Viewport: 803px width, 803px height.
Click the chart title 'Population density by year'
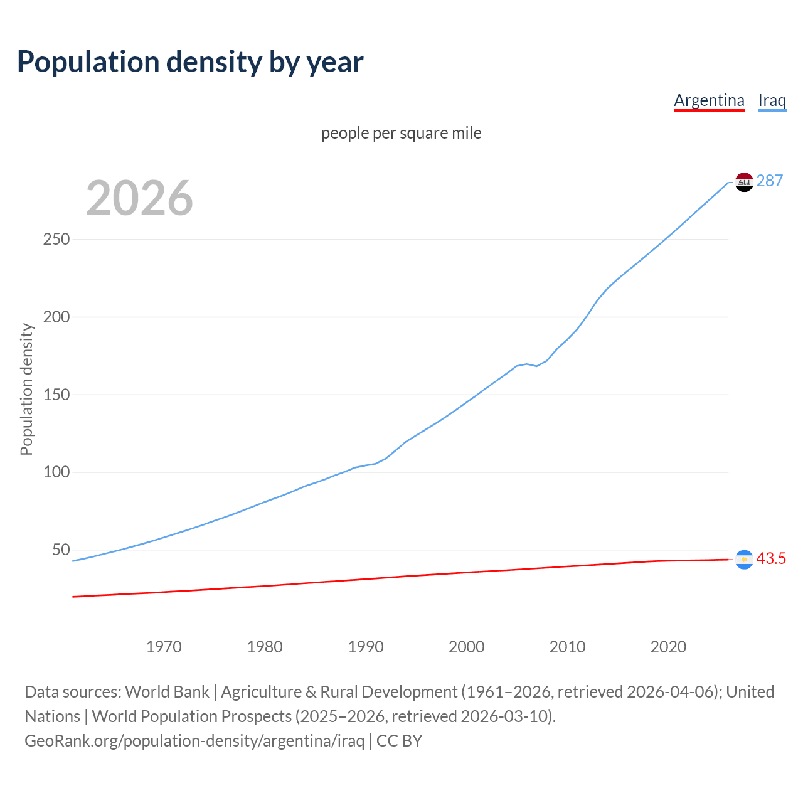tap(190, 62)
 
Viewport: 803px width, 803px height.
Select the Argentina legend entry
tap(709, 100)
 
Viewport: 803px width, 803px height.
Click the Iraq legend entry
tap(772, 100)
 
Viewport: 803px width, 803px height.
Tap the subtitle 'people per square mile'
tap(401, 133)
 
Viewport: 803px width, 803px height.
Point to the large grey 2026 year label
tap(139, 198)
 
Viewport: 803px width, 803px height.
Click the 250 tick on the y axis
tap(56, 240)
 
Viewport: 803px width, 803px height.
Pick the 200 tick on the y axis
tap(56, 317)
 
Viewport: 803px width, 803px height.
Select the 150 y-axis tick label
tap(56, 395)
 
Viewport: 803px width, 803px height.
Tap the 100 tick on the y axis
tap(56, 472)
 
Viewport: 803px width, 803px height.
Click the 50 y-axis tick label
tap(61, 550)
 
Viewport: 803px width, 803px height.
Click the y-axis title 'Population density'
tap(26, 389)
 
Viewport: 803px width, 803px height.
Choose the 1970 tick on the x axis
tap(164, 647)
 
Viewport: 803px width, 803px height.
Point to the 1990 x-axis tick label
tap(366, 647)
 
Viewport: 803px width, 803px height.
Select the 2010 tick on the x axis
tap(567, 647)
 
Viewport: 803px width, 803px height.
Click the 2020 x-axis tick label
tap(668, 647)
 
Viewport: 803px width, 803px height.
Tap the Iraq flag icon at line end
tap(744, 182)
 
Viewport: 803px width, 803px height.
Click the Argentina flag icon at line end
tap(744, 560)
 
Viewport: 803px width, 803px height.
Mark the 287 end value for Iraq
tap(770, 181)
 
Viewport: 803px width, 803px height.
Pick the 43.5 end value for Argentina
tap(771, 559)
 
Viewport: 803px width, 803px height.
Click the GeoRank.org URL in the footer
tap(194, 741)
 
